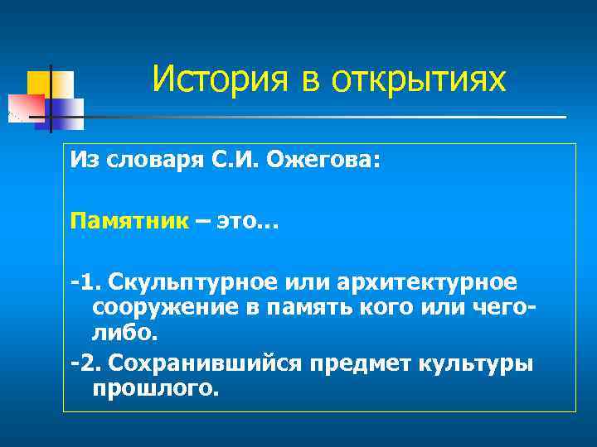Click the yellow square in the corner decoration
click(41, 83)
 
